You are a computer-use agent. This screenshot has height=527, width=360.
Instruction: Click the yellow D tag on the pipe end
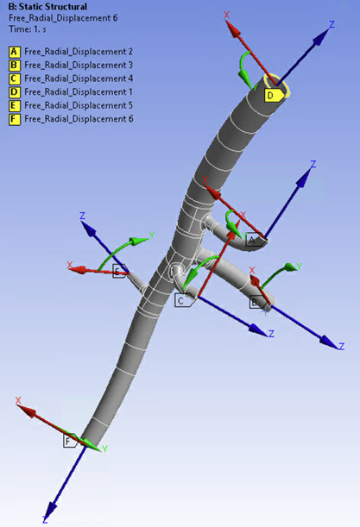pyautogui.click(x=270, y=95)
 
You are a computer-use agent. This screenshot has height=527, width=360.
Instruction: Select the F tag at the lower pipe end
pyautogui.click(x=69, y=441)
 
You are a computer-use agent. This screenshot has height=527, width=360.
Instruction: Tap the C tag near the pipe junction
pyautogui.click(x=181, y=300)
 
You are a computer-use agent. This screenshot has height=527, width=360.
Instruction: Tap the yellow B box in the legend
pyautogui.click(x=14, y=65)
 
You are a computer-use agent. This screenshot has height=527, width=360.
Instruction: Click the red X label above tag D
pyautogui.click(x=226, y=15)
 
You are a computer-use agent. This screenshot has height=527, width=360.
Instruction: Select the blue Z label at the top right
pyautogui.click(x=331, y=25)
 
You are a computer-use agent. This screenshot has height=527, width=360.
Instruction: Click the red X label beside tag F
pyautogui.click(x=18, y=400)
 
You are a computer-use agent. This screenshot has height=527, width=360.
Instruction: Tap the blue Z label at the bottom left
pyautogui.click(x=44, y=520)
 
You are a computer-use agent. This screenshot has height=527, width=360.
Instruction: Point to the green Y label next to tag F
pyautogui.click(x=104, y=449)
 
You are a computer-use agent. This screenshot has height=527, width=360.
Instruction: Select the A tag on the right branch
pyautogui.click(x=253, y=241)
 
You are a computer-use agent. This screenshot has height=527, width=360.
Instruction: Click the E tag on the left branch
pyautogui.click(x=117, y=271)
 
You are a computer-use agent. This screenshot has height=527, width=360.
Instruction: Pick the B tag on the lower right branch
pyautogui.click(x=256, y=302)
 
